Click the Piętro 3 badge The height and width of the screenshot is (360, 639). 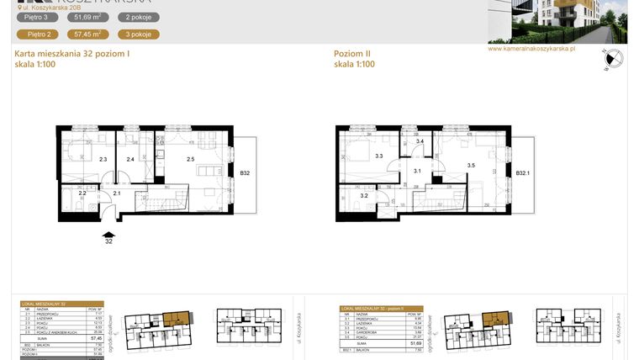37,17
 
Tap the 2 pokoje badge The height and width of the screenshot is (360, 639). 138,17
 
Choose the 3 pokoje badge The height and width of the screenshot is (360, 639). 138,34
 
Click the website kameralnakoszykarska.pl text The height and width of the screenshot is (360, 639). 531,49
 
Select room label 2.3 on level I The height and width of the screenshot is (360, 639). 103,159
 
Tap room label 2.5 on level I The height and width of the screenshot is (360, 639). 190,159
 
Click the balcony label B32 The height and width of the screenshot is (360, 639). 245,173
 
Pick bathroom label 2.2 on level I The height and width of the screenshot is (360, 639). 82,193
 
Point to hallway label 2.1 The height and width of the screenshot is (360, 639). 117,194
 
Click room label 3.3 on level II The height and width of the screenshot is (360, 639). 379,156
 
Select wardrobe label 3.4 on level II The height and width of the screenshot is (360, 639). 420,142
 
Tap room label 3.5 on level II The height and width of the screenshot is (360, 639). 472,166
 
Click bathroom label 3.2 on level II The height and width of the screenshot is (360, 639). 364,196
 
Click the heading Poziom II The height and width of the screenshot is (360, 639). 352,55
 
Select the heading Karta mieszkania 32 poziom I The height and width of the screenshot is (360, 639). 72,55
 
